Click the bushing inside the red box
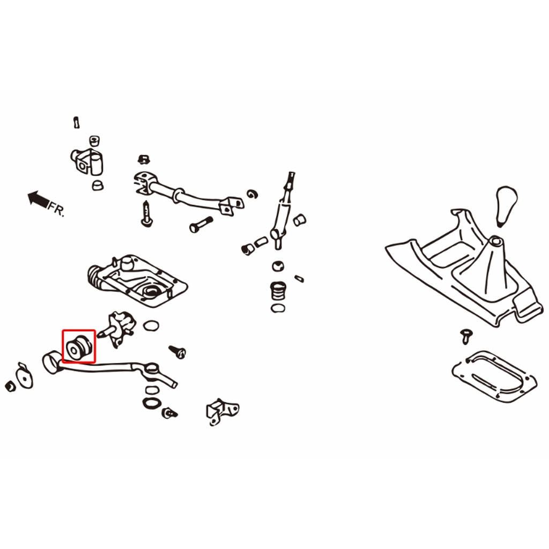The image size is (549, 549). pos(79,347)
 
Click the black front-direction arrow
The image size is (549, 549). pos(38,199)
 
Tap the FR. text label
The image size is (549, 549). pos(56,209)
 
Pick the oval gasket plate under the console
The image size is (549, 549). pos(494,376)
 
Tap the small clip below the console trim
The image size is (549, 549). pos(466,336)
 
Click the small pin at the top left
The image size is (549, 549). pos(76,122)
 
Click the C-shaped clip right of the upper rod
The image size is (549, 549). pos(252,194)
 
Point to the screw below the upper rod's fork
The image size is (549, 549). pos(146,214)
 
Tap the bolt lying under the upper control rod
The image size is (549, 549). pos(201,224)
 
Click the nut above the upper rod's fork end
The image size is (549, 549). pos(143,160)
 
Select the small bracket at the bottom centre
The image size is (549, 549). pos(222,411)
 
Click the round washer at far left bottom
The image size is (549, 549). pos(25,376)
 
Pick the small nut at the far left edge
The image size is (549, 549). pos(11,385)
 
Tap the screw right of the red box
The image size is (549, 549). pos(177,351)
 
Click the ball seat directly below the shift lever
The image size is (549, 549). pos(278,266)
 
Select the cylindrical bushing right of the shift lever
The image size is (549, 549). pos(299,219)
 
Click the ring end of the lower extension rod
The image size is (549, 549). pos(53,362)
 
